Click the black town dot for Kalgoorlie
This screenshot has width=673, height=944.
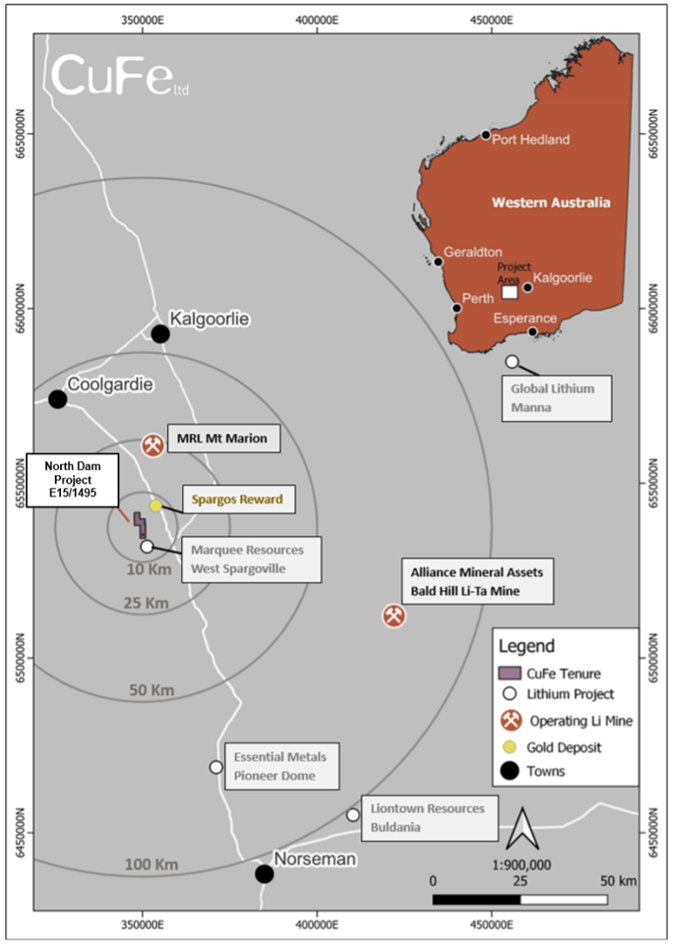(x=160, y=334)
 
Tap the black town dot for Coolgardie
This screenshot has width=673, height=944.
(x=57, y=398)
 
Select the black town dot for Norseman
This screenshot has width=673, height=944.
(x=264, y=873)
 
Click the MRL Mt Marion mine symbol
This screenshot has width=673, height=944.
(x=152, y=445)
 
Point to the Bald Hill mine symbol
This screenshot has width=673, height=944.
(x=394, y=616)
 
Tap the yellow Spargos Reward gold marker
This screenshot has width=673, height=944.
(x=156, y=506)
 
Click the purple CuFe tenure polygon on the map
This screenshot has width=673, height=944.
(x=140, y=525)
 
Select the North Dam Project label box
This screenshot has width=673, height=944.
(x=73, y=480)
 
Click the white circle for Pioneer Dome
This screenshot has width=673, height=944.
(x=216, y=767)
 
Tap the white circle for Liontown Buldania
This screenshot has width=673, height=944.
(x=353, y=815)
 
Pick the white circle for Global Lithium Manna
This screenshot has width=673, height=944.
(x=512, y=361)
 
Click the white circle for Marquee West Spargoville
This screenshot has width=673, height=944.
(x=147, y=546)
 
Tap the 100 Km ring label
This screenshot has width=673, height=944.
(x=151, y=865)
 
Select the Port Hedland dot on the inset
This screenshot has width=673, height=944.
(x=486, y=135)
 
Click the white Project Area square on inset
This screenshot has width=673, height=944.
(x=510, y=292)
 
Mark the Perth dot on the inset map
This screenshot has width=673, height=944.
(x=457, y=309)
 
